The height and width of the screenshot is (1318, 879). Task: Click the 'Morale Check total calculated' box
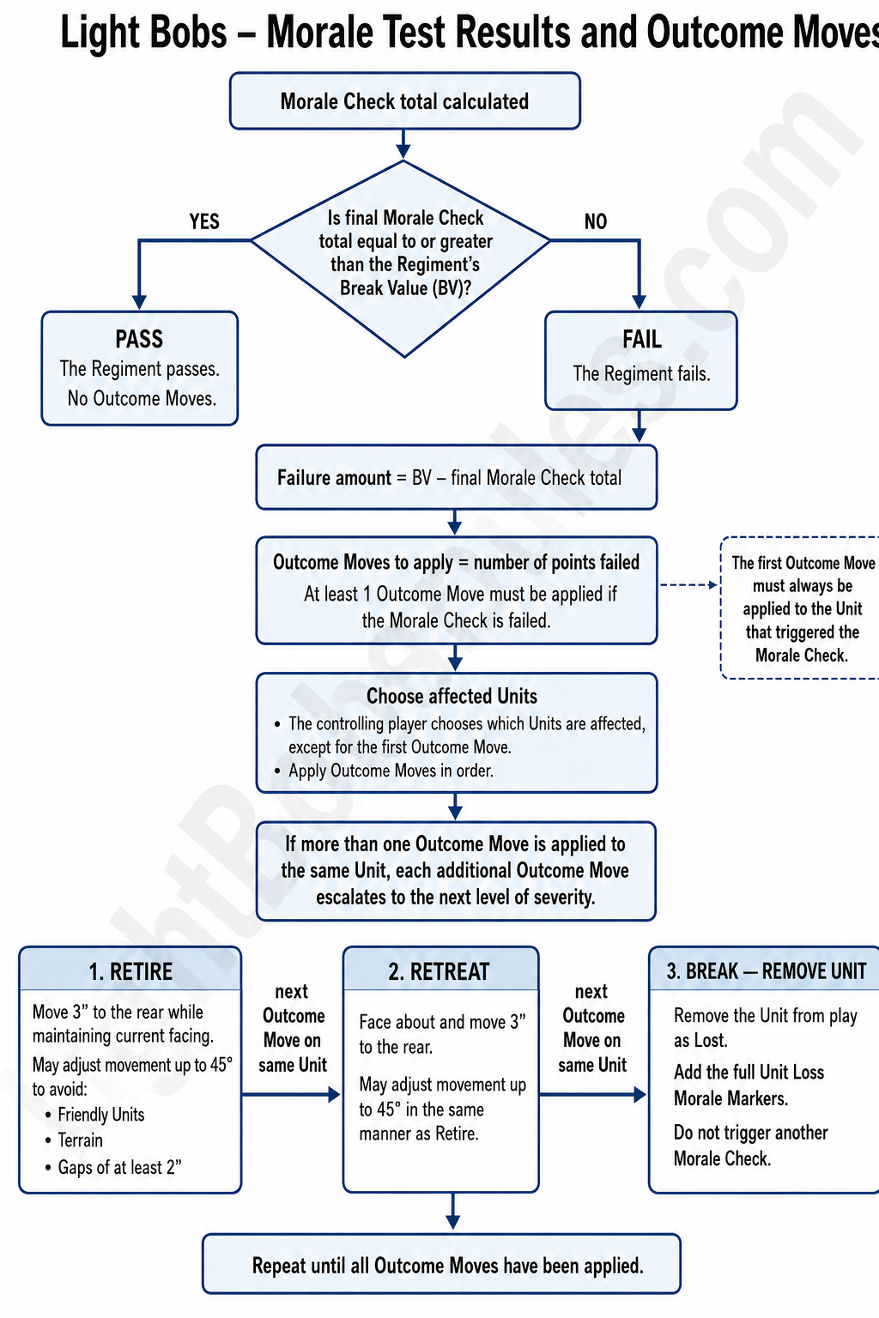tap(405, 100)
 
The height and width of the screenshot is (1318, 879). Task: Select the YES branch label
tap(204, 222)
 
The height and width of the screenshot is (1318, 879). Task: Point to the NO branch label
tap(595, 222)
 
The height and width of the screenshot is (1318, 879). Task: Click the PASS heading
tap(140, 339)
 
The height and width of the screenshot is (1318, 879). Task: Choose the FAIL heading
tap(642, 340)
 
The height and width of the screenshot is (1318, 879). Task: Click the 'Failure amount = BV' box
tap(457, 477)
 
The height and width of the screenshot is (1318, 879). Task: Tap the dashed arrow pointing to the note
tap(688, 585)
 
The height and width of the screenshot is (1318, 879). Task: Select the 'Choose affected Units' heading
tap(452, 696)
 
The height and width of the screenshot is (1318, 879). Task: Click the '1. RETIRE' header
tap(130, 971)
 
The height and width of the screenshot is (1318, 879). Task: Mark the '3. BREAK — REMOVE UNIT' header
tap(766, 971)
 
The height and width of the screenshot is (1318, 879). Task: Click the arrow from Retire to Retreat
tap(291, 1094)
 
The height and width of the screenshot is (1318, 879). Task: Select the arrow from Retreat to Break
tap(593, 1094)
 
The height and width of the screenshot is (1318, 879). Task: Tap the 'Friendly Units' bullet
tap(100, 1115)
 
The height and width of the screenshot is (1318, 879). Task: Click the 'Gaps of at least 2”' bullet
tap(119, 1167)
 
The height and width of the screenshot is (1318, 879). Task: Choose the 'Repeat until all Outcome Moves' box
tap(441, 1264)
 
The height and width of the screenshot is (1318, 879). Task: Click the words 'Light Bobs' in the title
tap(143, 33)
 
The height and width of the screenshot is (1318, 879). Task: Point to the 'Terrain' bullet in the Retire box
tap(80, 1140)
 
